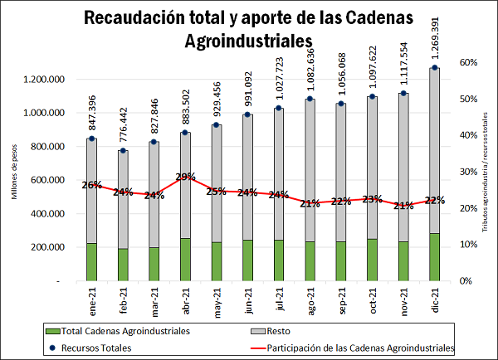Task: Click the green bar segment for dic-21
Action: click(x=434, y=257)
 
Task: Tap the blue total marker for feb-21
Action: click(x=123, y=151)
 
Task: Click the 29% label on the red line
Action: click(x=185, y=177)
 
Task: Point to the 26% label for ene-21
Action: click(x=92, y=185)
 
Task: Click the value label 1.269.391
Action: click(x=435, y=38)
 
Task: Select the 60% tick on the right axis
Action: click(x=467, y=63)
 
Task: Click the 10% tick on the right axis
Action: click(x=467, y=245)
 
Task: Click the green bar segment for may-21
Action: click(x=217, y=261)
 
